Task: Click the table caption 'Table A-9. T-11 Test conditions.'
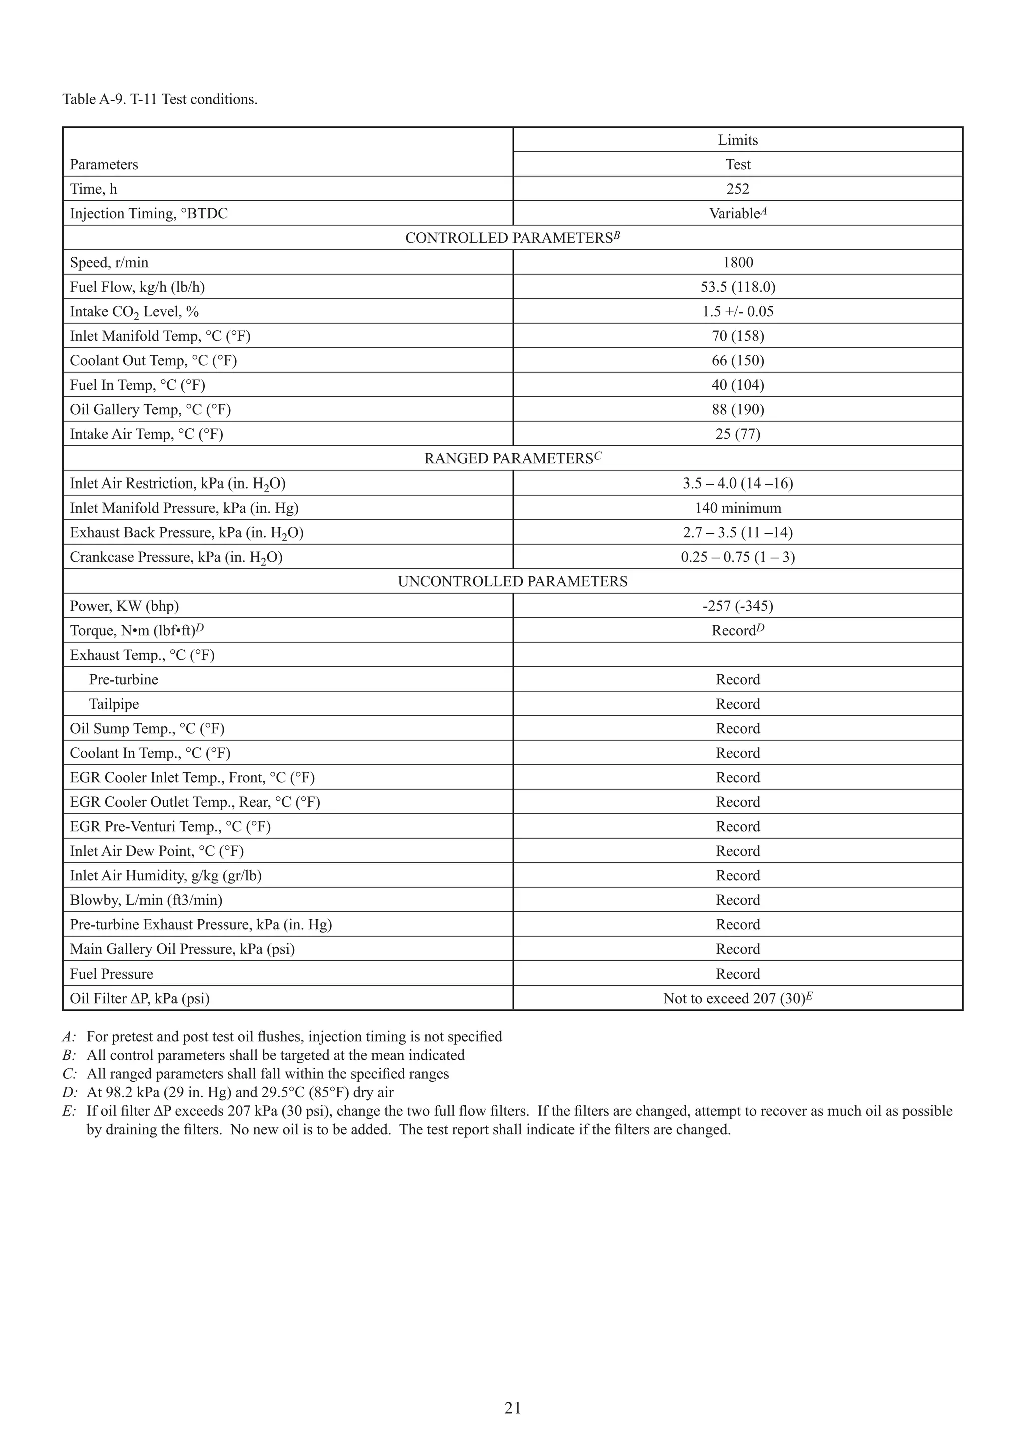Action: (x=160, y=99)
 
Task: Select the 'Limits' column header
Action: (x=737, y=140)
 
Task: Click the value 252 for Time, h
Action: (x=737, y=189)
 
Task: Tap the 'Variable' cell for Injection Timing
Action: (x=737, y=213)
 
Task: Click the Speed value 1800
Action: (x=737, y=263)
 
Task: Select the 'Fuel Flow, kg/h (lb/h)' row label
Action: (x=137, y=287)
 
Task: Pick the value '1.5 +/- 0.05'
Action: (x=737, y=312)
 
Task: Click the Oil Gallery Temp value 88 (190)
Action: (x=737, y=410)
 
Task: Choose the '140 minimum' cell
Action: (x=737, y=508)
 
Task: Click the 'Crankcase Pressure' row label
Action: (x=176, y=557)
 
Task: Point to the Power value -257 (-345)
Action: (x=737, y=606)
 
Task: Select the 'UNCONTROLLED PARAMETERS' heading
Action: (x=512, y=582)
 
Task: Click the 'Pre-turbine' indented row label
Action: (x=123, y=680)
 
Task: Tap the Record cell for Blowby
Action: (x=737, y=900)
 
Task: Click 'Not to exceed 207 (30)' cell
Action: (x=737, y=999)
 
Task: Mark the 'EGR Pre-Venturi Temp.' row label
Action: (x=170, y=827)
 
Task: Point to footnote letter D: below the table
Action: (x=70, y=1092)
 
